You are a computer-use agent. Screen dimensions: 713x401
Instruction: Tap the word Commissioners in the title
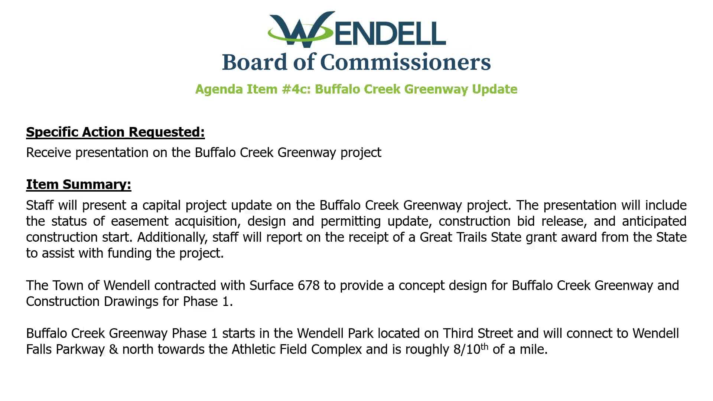405,62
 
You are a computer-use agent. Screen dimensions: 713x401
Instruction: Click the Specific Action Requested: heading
115,132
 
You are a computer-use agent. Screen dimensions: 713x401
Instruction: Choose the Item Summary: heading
79,185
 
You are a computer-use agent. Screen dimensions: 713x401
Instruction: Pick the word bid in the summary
525,221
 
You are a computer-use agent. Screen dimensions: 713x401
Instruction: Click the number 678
309,286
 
